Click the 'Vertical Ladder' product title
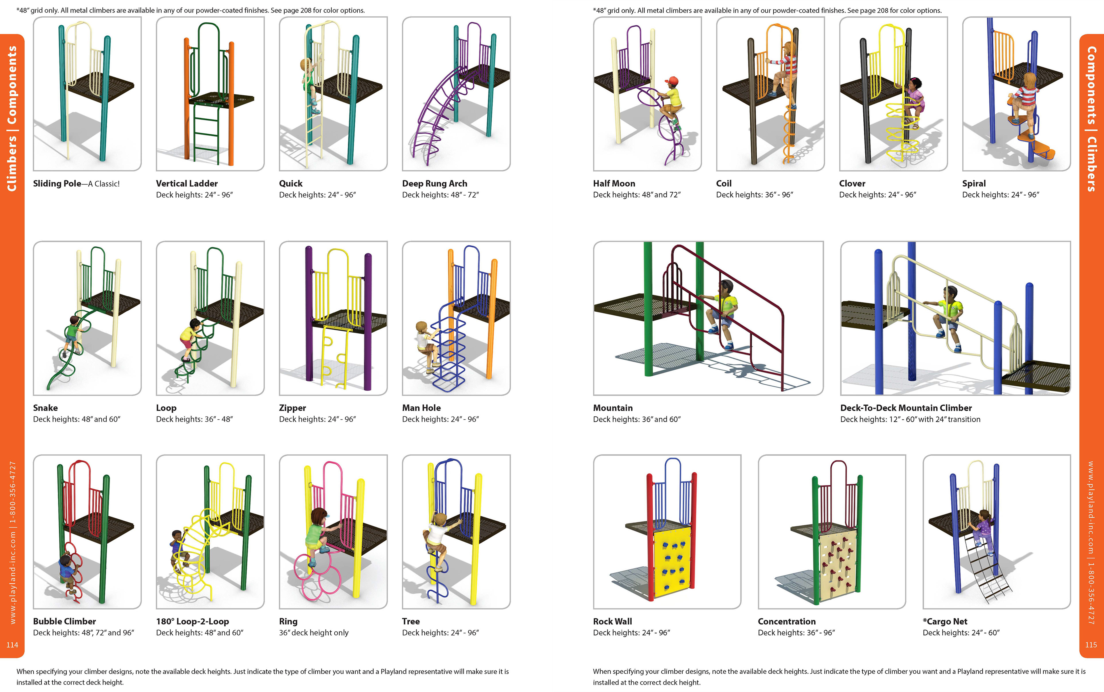(x=187, y=183)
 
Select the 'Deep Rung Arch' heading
(x=434, y=183)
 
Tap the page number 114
(x=12, y=645)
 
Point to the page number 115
(x=1091, y=645)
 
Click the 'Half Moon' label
(x=614, y=183)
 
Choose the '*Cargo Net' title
(x=945, y=622)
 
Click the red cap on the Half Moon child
(x=672, y=80)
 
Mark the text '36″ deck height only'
(x=314, y=633)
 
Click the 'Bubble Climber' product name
(x=64, y=622)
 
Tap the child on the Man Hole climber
(x=425, y=345)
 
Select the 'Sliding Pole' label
(x=57, y=183)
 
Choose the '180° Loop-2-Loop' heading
(x=192, y=622)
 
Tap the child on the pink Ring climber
(x=316, y=536)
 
